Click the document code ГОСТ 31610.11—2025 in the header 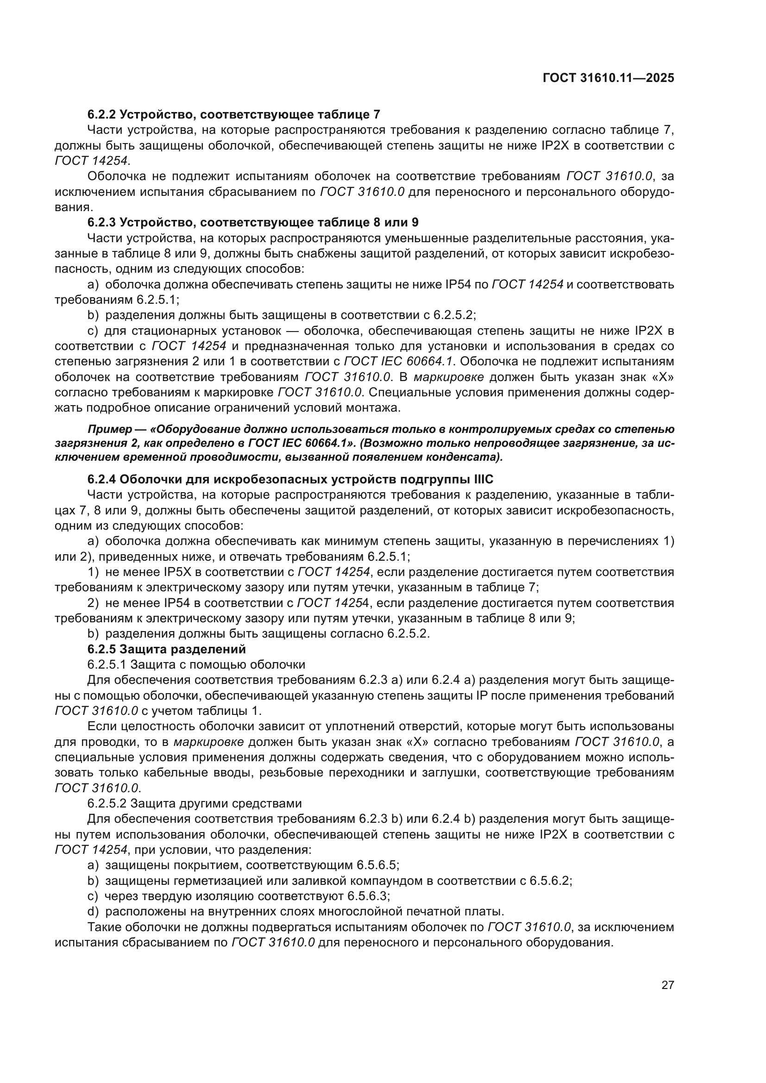tap(608, 78)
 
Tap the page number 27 tap(667, 998)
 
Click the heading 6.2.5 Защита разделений tap(167, 649)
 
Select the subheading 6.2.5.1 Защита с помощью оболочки tap(196, 664)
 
